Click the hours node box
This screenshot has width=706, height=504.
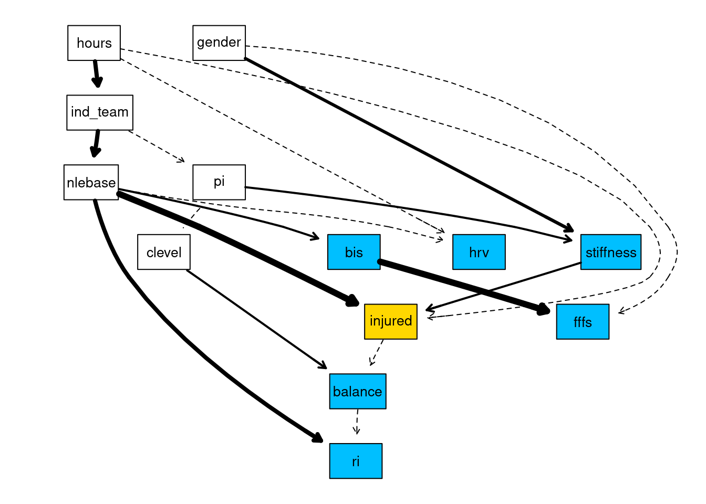click(x=94, y=43)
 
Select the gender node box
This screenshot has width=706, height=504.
click(x=219, y=43)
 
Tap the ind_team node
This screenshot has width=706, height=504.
click(x=100, y=112)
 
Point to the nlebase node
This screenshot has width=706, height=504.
click(x=91, y=182)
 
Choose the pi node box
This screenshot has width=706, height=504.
click(x=219, y=182)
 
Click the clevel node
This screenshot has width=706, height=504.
click(x=164, y=252)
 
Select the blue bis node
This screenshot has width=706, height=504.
click(x=354, y=252)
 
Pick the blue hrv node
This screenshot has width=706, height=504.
click(x=479, y=252)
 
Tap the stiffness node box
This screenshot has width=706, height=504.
click(x=610, y=252)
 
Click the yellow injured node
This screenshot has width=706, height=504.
click(x=391, y=321)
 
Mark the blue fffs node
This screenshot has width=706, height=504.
click(x=583, y=321)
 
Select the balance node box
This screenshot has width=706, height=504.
click(x=358, y=391)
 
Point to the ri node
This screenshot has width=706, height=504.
click(x=356, y=461)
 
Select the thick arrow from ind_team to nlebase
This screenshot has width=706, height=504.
click(x=96, y=143)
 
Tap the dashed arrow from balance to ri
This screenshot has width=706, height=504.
click(x=357, y=422)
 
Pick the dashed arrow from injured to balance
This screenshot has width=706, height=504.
click(x=377, y=352)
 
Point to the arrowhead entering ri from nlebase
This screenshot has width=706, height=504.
click(x=317, y=438)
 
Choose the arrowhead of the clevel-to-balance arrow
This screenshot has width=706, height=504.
click(x=322, y=365)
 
